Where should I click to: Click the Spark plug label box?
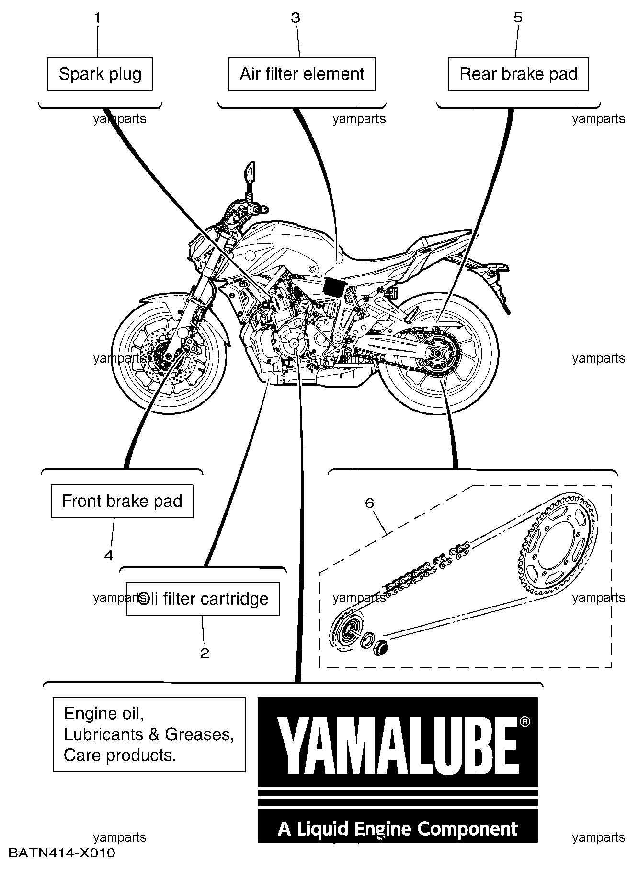coord(100,74)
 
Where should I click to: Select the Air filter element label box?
coord(302,74)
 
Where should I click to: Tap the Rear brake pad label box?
coord(518,74)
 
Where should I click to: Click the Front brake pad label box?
coord(122,501)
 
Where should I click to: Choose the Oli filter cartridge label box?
coord(203,599)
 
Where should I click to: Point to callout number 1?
coord(97,18)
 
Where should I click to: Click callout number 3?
coord(296,18)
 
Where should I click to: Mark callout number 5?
coord(518,18)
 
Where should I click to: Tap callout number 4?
coord(109,555)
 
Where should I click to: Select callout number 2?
coord(205,653)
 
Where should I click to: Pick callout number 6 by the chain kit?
coord(369,503)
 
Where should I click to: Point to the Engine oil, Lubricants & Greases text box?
coord(149,734)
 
